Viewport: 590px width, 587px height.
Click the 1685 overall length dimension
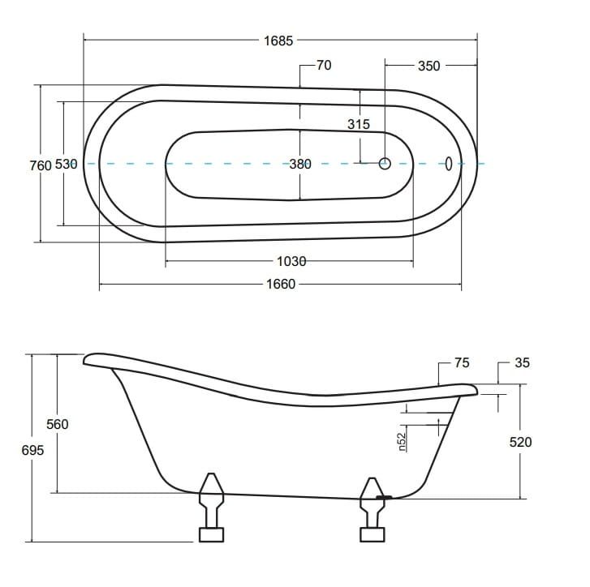click(x=278, y=41)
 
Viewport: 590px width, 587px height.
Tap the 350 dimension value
click(x=429, y=66)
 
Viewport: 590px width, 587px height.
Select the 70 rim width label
click(x=324, y=66)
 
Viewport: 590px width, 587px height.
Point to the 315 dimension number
click(x=359, y=124)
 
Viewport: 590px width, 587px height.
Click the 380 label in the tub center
click(x=300, y=164)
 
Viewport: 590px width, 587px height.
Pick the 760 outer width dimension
click(x=41, y=165)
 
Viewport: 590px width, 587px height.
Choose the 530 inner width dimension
click(x=67, y=165)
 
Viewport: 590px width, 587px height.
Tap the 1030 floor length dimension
click(x=291, y=261)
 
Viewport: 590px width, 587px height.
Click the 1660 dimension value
click(x=281, y=284)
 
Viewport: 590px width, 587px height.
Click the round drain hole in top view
click(x=385, y=164)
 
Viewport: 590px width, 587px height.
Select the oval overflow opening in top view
click(x=449, y=164)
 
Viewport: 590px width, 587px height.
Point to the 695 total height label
click(x=32, y=450)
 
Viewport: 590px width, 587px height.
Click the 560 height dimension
click(x=57, y=424)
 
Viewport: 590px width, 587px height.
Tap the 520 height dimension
click(x=520, y=442)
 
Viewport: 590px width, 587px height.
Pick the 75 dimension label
click(x=462, y=362)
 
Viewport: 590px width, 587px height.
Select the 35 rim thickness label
click(x=522, y=362)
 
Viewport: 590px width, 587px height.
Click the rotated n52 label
click(x=403, y=442)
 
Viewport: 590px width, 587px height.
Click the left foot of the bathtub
click(x=211, y=508)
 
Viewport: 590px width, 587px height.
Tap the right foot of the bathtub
click(x=373, y=510)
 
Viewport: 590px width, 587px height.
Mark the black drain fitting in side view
click(x=384, y=497)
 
